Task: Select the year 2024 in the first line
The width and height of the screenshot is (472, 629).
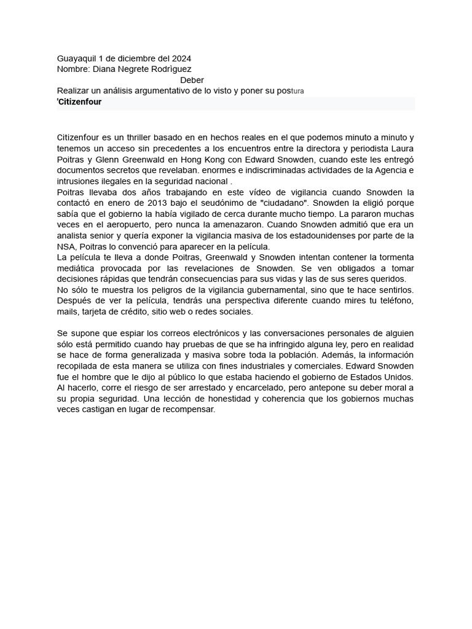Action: [182, 58]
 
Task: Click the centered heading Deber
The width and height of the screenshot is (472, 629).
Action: [192, 80]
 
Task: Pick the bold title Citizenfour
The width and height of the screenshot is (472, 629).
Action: [80, 103]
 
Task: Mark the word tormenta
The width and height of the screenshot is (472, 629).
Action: [395, 257]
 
